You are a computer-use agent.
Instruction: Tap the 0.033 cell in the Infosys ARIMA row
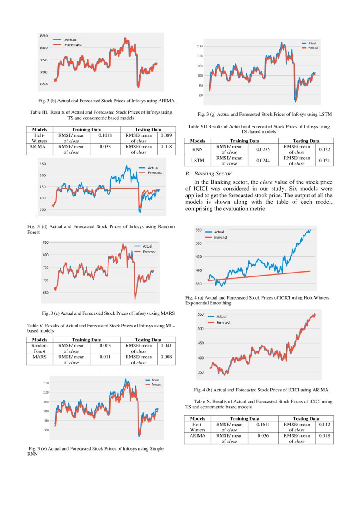[x=104, y=147]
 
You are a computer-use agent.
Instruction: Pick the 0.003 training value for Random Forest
[x=104, y=345]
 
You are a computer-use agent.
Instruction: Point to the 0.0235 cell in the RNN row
[x=260, y=149]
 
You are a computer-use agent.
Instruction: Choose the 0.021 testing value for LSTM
[x=325, y=161]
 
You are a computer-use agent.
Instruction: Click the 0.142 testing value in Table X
[x=325, y=424]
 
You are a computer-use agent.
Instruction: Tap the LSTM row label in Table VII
[x=198, y=161]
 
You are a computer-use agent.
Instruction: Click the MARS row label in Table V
[x=40, y=357]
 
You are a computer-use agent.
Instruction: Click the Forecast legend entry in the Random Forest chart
[x=155, y=173]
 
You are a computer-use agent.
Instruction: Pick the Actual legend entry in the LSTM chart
[x=312, y=44]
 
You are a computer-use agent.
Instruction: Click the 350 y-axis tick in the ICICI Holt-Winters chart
[x=199, y=284]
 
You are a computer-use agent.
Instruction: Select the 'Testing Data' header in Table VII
[x=306, y=141]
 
